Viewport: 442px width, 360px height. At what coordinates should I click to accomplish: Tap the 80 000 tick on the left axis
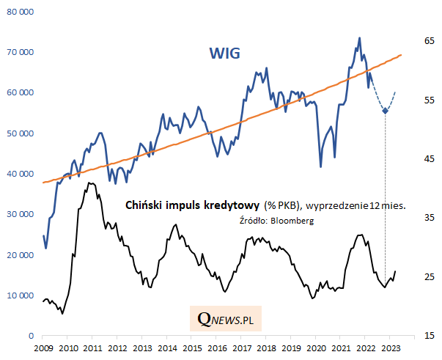tap(20, 12)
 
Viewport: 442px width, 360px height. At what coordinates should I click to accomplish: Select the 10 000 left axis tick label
tap(20, 295)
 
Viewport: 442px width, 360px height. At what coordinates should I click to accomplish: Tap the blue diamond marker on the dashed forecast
tap(386, 111)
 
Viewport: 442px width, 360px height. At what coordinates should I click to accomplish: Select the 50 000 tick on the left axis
tap(20, 133)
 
